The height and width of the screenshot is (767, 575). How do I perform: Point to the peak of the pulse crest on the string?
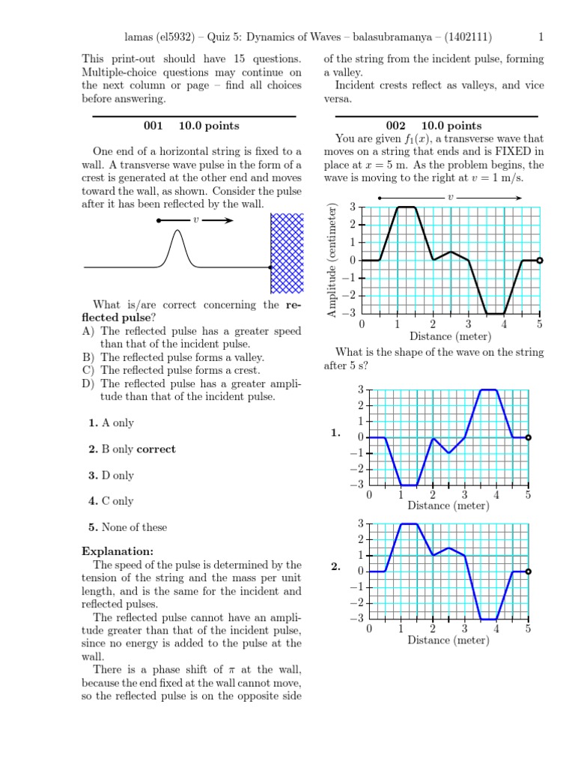[177, 231]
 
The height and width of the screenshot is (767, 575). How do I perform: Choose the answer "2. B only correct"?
[132, 449]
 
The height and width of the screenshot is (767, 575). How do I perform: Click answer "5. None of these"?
[127, 527]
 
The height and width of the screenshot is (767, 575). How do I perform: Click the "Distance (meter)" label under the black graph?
[450, 336]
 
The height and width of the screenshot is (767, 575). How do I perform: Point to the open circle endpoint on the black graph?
[540, 261]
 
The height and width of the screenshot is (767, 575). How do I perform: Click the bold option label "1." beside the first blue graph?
[335, 434]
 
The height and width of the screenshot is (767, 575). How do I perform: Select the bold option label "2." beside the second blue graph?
[335, 568]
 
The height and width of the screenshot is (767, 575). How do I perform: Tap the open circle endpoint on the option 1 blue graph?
[528, 437]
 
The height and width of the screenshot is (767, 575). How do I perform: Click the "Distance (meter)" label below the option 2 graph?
[448, 640]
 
